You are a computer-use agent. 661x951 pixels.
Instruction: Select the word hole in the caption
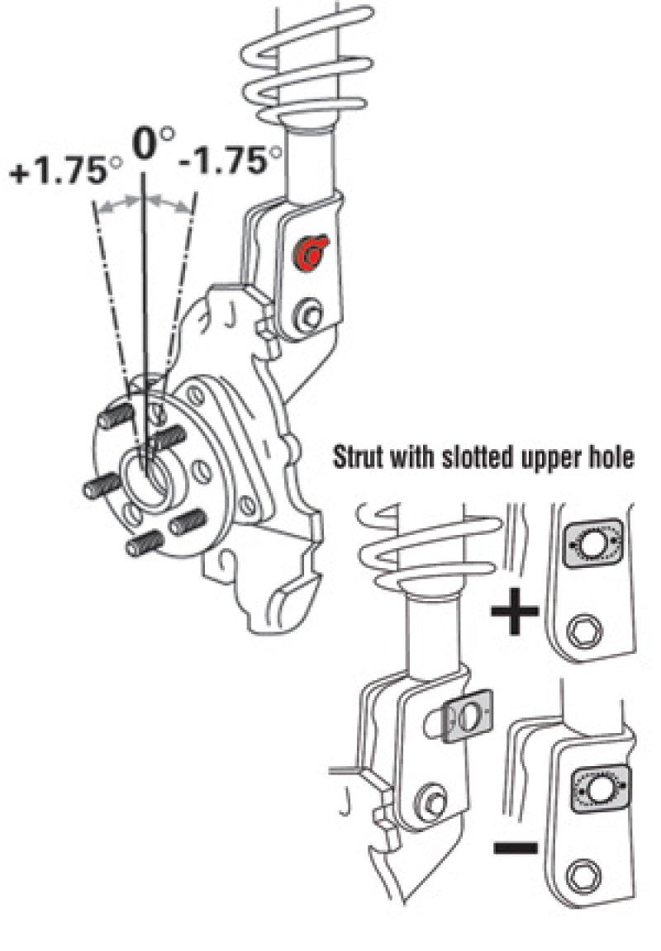(x=615, y=459)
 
